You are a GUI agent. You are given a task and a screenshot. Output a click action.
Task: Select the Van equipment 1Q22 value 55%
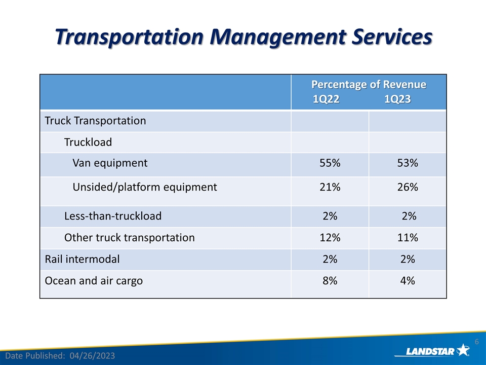(x=330, y=163)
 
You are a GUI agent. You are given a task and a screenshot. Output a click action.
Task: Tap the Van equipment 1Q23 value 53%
(x=407, y=163)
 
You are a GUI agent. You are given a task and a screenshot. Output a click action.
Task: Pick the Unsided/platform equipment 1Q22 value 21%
(x=330, y=187)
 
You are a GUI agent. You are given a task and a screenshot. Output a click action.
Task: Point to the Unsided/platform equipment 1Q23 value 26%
(x=407, y=187)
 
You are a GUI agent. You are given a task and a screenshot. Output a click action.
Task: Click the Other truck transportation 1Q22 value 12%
(x=330, y=237)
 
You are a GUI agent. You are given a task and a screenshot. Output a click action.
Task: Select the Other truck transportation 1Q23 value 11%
(x=407, y=237)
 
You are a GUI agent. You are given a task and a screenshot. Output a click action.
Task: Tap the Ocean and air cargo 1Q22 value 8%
(x=330, y=280)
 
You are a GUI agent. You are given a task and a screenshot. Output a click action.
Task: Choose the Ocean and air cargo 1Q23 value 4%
(x=407, y=280)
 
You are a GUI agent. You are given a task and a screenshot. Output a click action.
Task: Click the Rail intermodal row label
(x=83, y=259)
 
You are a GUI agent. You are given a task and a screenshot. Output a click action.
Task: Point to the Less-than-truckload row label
(x=113, y=216)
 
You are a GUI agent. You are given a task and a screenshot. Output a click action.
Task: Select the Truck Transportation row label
(x=95, y=121)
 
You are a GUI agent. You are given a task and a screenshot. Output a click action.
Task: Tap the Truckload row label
(x=88, y=142)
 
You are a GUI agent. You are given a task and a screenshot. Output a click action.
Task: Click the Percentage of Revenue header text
(x=368, y=84)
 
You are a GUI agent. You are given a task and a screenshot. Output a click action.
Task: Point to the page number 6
(x=476, y=343)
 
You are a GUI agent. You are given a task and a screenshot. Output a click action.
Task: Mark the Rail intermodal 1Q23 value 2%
(x=407, y=259)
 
